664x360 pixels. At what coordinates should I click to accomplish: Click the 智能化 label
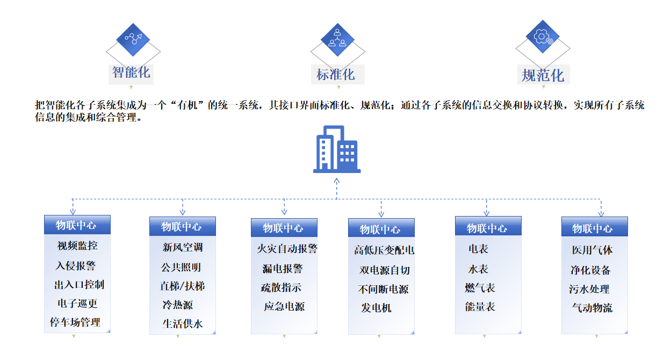pos(131,73)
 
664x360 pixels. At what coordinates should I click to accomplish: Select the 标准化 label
pos(336,75)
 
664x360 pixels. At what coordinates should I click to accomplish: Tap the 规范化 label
pos(543,75)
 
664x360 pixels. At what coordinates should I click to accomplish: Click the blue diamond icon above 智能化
pos(133,40)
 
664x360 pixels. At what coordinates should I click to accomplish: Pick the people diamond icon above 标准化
pos(337,40)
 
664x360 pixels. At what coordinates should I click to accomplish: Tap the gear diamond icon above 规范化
pos(543,37)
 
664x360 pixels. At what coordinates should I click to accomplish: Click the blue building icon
pos(337,149)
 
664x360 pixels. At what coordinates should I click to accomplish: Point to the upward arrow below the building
pos(336,188)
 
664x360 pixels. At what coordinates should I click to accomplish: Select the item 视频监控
pos(77,246)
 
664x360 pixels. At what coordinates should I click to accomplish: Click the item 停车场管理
pos(75,322)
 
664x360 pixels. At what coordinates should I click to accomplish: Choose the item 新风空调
pos(183,247)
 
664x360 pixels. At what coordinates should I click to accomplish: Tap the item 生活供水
pos(183,323)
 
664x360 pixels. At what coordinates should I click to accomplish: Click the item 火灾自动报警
pos(287,248)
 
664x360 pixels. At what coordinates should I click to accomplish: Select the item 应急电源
pos(284,306)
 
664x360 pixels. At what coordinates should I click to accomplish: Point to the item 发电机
pos(376,308)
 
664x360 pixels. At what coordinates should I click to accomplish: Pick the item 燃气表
pos(480,287)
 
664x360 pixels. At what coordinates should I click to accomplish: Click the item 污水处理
pos(589,289)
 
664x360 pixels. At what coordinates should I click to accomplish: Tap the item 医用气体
pos(592,250)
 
